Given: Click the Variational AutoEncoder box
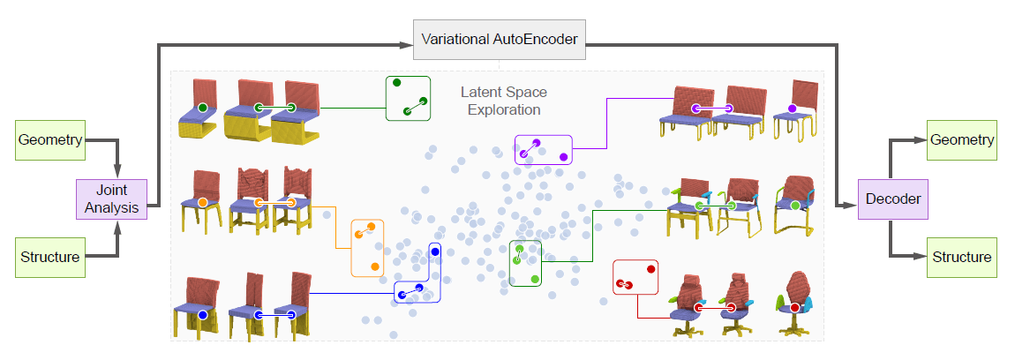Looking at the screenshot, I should [x=500, y=40].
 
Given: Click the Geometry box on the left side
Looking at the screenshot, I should [x=50, y=141].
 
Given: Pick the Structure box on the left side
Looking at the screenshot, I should [x=50, y=257].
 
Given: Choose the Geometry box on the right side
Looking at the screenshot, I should [x=961, y=141].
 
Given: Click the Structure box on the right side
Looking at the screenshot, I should [x=961, y=257].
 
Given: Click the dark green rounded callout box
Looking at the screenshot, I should [x=408, y=98].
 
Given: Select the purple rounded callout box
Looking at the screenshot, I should [x=543, y=149].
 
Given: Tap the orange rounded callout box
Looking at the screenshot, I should [x=368, y=246].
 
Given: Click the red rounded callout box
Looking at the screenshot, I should [x=636, y=277].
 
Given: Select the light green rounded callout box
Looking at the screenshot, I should [x=526, y=262].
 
